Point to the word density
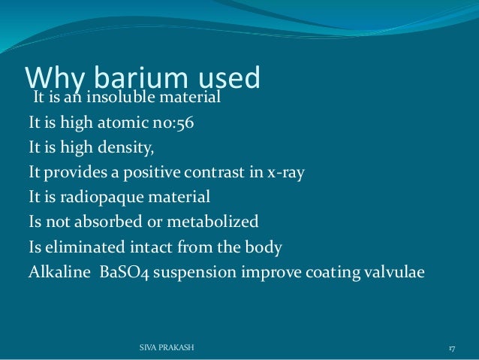tap(127, 148)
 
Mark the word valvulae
tap(395, 271)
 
